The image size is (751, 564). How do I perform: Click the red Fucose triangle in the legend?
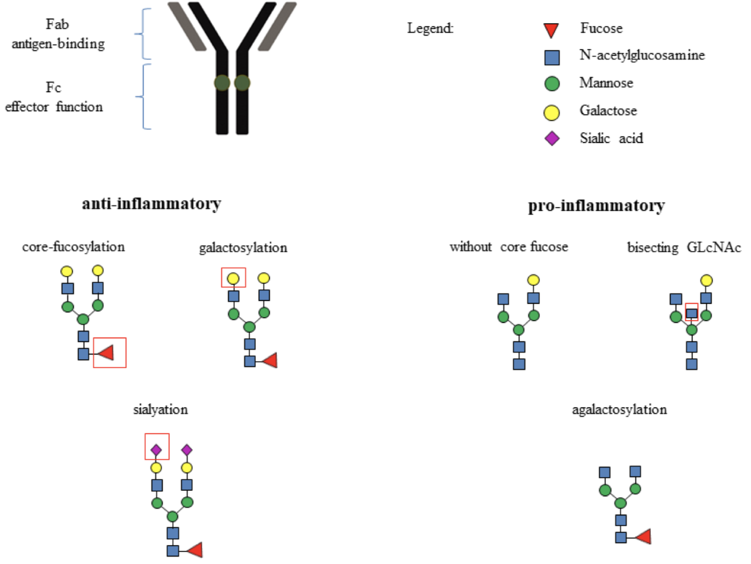tap(551, 30)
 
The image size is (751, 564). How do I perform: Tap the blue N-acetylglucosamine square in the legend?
tap(552, 57)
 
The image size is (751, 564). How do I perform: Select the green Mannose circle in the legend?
tap(552, 84)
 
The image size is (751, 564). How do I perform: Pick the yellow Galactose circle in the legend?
tap(552, 112)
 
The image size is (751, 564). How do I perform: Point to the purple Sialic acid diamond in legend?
tap(552, 138)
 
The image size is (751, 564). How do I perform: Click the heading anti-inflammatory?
tap(151, 204)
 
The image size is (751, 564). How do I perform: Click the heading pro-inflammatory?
tap(596, 206)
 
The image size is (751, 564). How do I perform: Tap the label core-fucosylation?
tap(73, 247)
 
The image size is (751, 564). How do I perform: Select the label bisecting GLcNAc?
tap(684, 247)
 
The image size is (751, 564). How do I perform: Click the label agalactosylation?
tap(619, 409)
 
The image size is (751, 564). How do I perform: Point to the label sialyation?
tap(160, 409)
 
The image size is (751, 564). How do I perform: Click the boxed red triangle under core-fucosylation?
tap(106, 352)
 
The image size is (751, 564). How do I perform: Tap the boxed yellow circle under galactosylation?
tap(233, 279)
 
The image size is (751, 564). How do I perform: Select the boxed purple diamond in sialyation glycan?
tap(156, 449)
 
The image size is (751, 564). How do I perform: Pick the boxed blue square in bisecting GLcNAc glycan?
tap(692, 314)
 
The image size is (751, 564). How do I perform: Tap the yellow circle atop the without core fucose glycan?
tap(533, 280)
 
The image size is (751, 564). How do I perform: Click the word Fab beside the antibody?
tap(57, 24)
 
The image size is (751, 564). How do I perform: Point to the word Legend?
tap(430, 28)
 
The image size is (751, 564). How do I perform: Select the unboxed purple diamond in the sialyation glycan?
tap(187, 449)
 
